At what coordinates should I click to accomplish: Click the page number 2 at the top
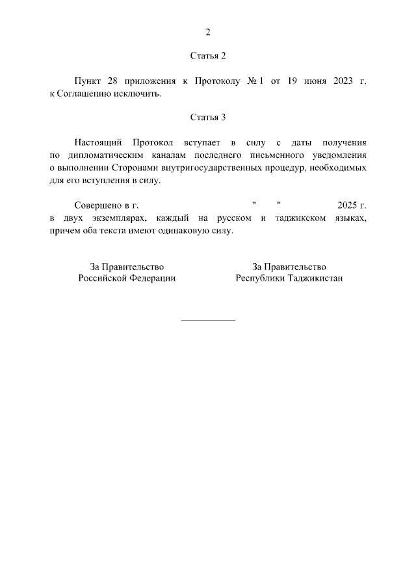point(208,32)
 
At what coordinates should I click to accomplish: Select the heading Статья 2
point(208,56)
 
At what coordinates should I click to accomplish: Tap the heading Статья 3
point(208,118)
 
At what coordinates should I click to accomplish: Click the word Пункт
point(87,81)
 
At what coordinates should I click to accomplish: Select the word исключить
point(138,94)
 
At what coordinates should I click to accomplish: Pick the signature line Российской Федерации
point(127,278)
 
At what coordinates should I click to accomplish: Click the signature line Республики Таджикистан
point(289,278)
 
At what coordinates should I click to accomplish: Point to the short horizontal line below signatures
point(208,320)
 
